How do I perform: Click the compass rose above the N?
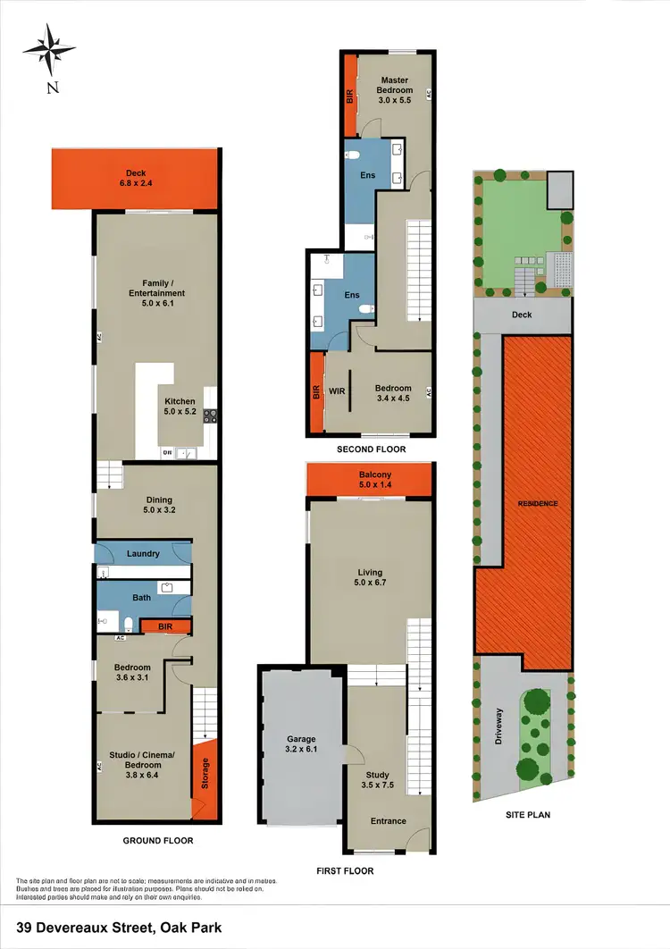pyautogui.click(x=51, y=49)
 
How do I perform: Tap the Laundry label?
pyautogui.click(x=143, y=554)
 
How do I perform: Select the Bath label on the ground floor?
pyautogui.click(x=142, y=598)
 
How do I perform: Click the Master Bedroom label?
pyautogui.click(x=394, y=86)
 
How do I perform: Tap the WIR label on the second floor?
pyautogui.click(x=338, y=391)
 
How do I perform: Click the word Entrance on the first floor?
pyautogui.click(x=389, y=821)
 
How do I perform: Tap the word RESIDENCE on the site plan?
pyautogui.click(x=538, y=504)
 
